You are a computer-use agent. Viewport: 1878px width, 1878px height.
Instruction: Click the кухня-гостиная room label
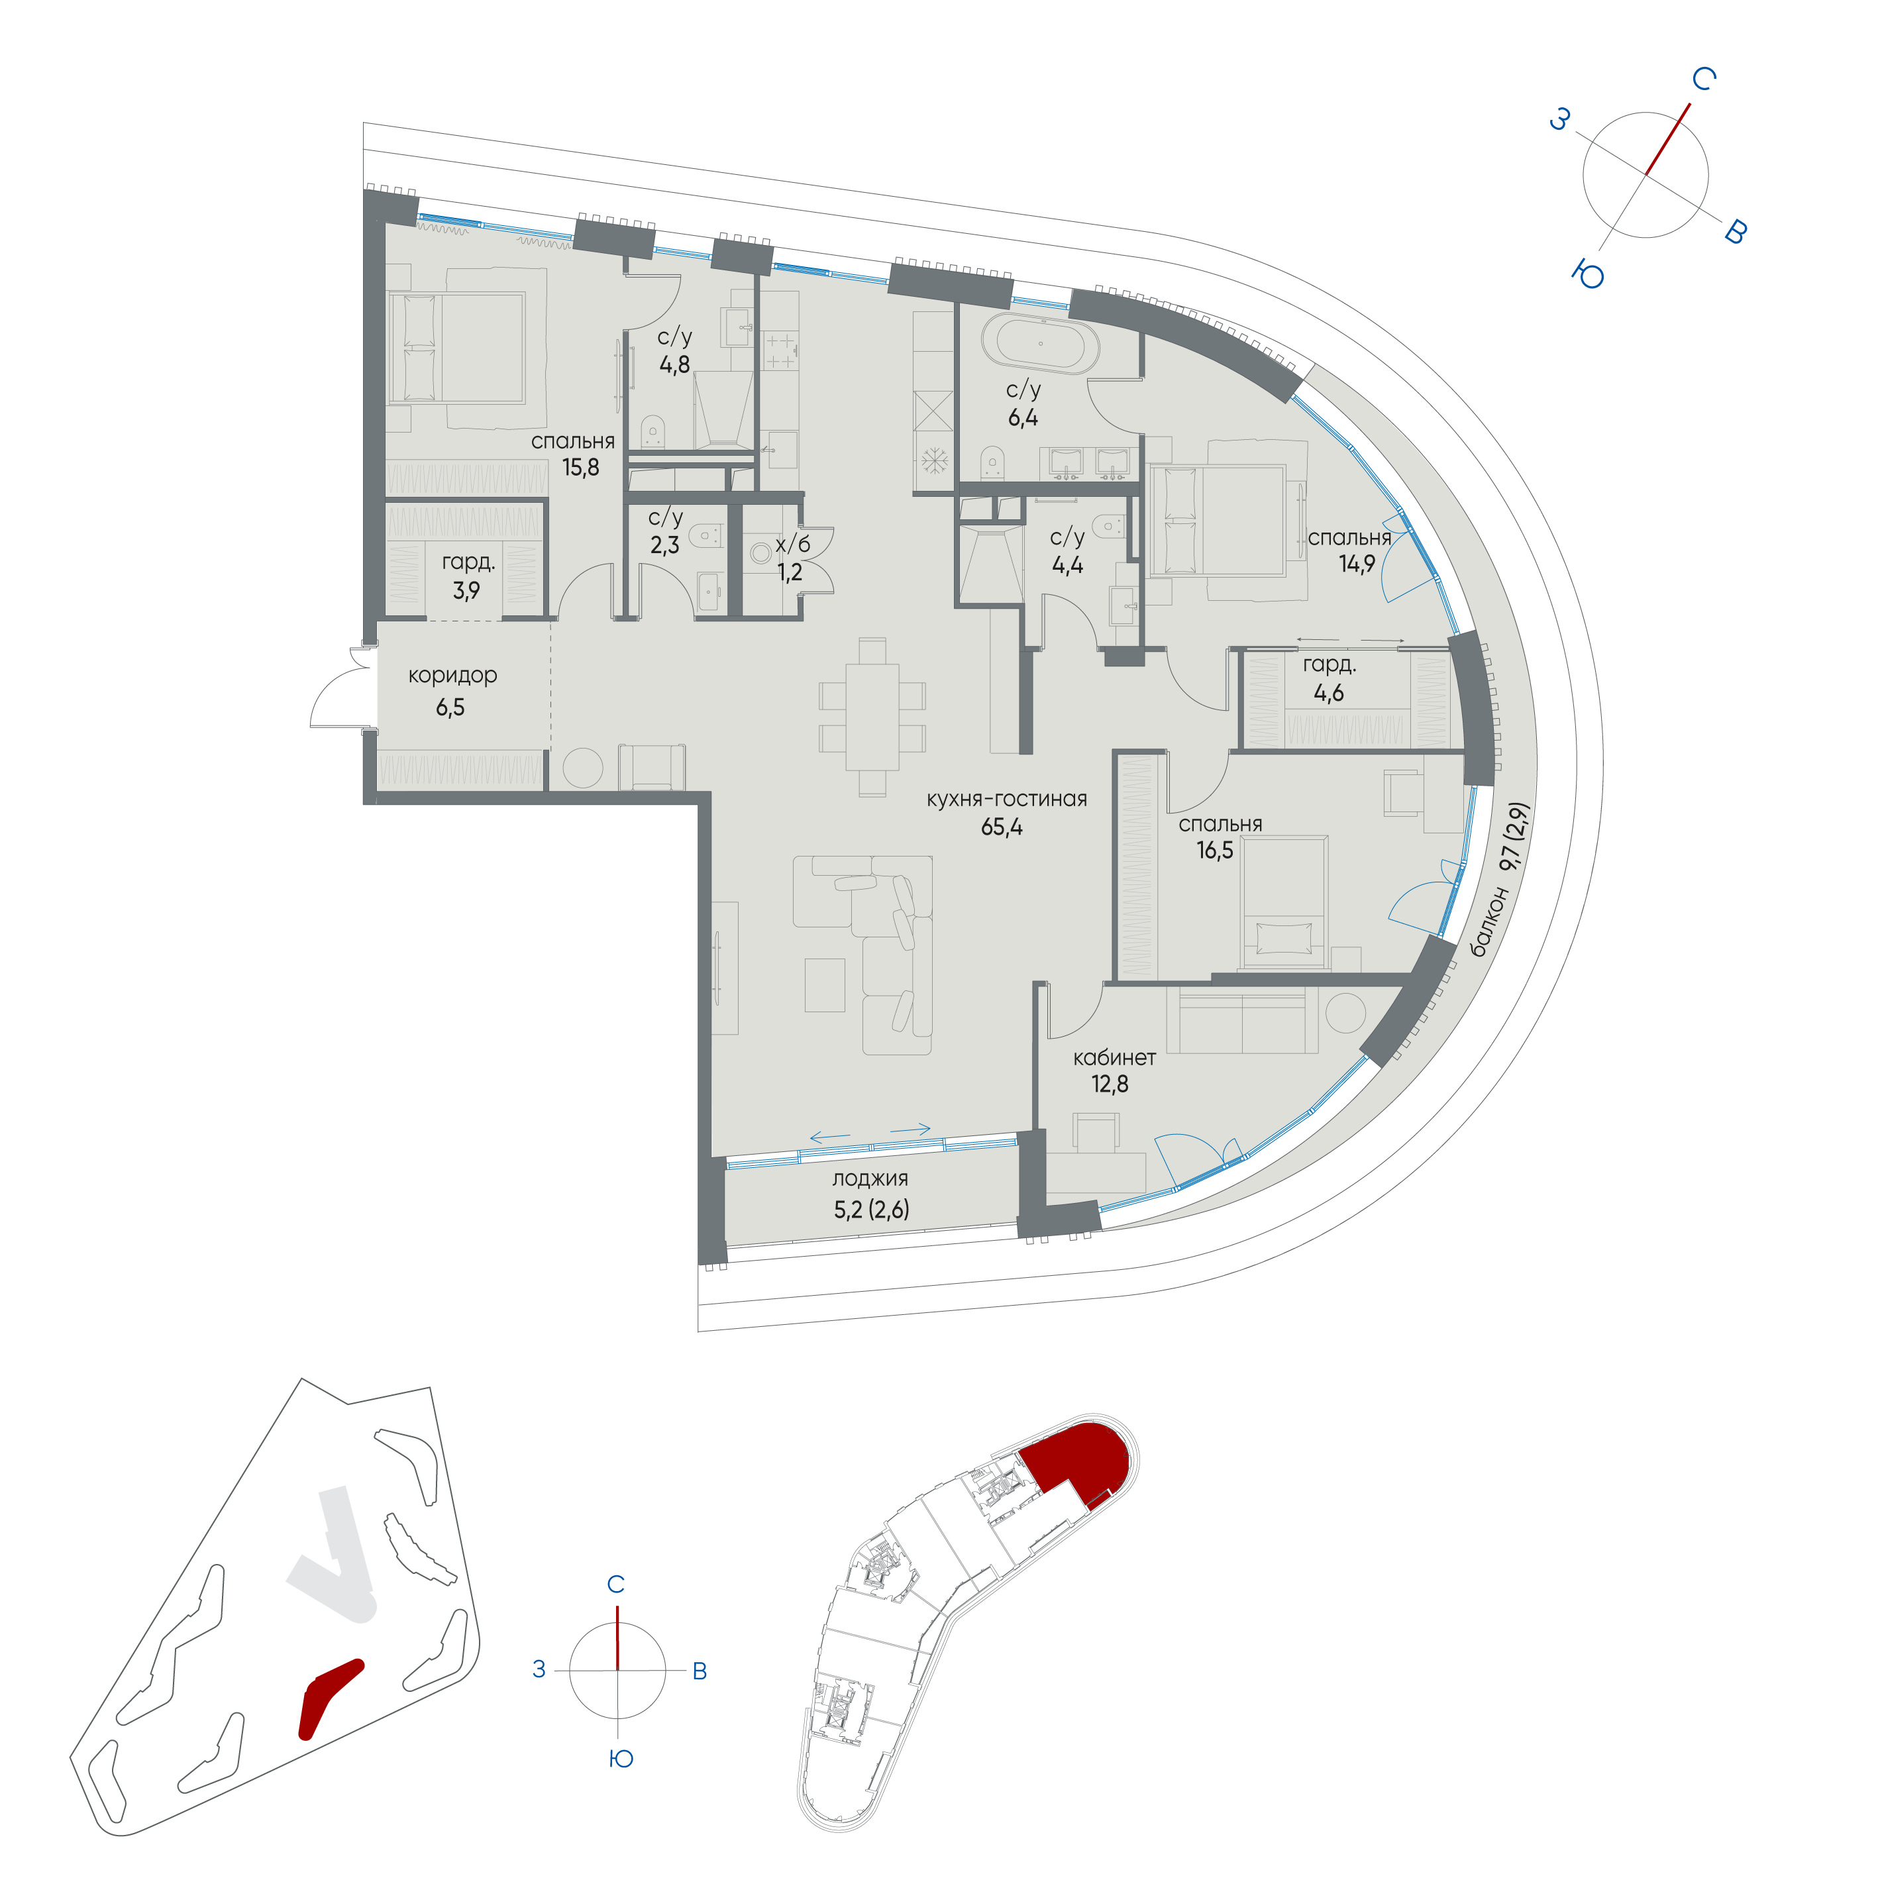pyautogui.click(x=1006, y=799)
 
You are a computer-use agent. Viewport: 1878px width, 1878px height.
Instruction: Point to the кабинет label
pyautogui.click(x=1114, y=1058)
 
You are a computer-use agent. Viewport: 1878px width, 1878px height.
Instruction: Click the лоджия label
pyautogui.click(x=870, y=1179)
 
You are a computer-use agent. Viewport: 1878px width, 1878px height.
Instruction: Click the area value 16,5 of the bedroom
pyautogui.click(x=1214, y=851)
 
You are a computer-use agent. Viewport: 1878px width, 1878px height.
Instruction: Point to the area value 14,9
pyautogui.click(x=1356, y=564)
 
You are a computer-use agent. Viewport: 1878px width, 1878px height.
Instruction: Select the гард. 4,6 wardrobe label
pyautogui.click(x=1329, y=678)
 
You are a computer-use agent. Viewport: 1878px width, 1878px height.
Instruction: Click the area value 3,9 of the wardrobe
pyautogui.click(x=466, y=590)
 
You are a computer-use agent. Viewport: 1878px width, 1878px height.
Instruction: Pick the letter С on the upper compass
pyautogui.click(x=1703, y=79)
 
